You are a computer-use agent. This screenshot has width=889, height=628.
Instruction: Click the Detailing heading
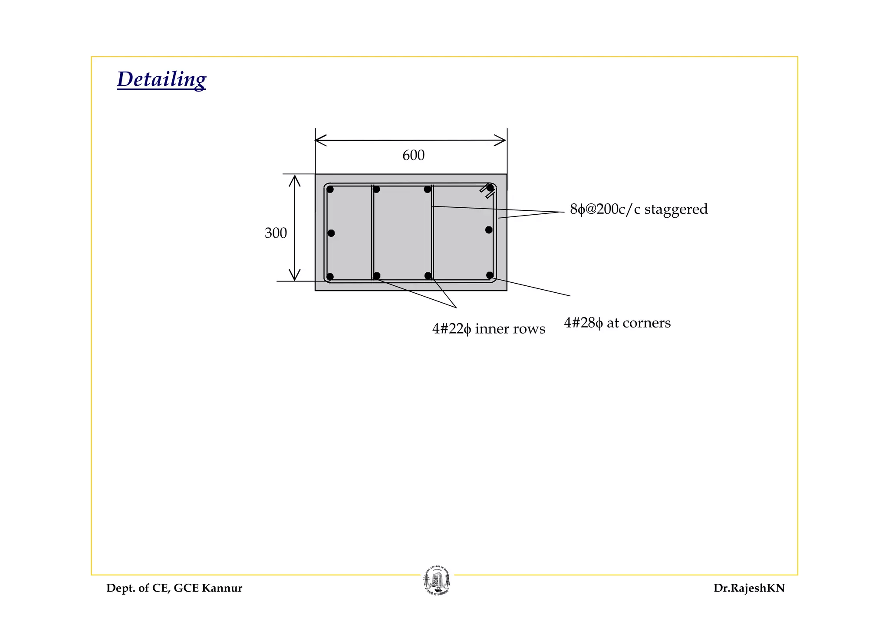(161, 79)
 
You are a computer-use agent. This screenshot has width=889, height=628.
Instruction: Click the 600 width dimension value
(413, 155)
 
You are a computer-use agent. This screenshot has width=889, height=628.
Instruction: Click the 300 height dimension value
(276, 233)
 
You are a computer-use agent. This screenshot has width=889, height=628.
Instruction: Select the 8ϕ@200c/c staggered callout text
(639, 209)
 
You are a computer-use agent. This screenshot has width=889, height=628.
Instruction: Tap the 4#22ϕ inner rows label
(488, 329)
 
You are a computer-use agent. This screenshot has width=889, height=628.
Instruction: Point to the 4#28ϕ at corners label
(617, 323)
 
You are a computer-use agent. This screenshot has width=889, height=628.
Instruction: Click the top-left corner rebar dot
(330, 190)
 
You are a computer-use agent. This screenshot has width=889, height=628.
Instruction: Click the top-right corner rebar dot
(490, 188)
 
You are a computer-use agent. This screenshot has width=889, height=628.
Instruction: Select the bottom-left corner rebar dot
(330, 277)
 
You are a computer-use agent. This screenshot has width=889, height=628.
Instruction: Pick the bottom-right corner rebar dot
(490, 275)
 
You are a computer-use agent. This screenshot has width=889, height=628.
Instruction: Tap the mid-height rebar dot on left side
(331, 233)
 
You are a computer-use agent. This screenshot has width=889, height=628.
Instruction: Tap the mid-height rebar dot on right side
(489, 230)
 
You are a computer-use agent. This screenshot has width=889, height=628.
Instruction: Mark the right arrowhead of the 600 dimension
(502, 141)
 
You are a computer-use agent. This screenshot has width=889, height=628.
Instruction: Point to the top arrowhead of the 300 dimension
(295, 179)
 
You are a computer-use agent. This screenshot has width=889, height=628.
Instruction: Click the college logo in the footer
(437, 581)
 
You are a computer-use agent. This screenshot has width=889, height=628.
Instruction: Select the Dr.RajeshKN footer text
(749, 588)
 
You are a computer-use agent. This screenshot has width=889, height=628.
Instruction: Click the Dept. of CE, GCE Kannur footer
(174, 588)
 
